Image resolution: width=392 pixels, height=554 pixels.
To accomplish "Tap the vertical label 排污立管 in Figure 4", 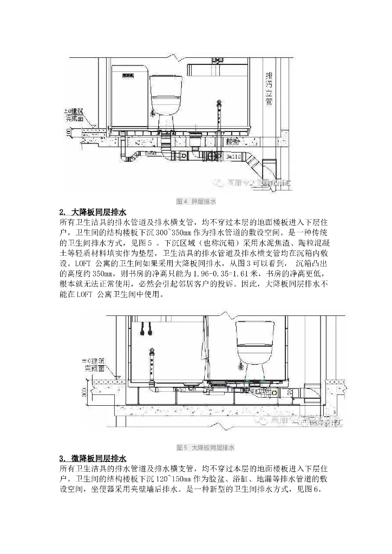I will (x=269, y=89).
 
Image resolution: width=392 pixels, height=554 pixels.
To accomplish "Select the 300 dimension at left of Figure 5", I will (x=84, y=393).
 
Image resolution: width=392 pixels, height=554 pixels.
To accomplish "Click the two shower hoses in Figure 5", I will (x=145, y=330).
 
